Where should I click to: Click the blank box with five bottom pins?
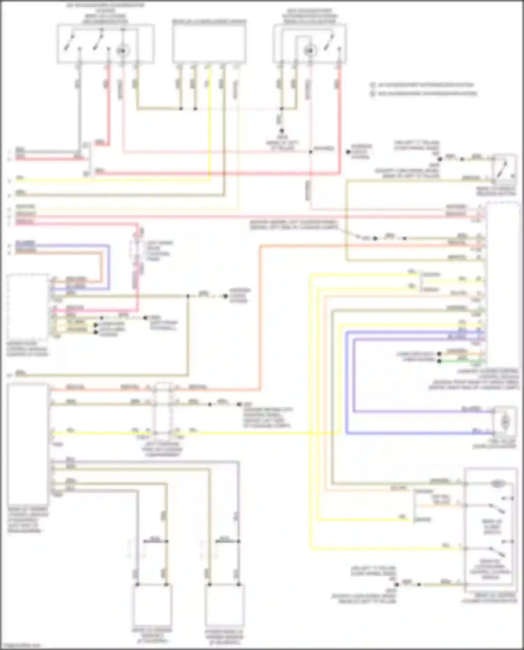click(209, 44)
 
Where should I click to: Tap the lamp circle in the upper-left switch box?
click(122, 51)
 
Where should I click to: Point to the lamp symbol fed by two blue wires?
click(504, 422)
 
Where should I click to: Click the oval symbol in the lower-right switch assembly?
click(498, 484)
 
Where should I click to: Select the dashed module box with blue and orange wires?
click(28, 307)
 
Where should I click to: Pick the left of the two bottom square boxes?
click(152, 605)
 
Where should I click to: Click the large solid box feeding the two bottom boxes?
click(28, 444)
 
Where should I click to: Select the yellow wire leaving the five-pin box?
click(210, 122)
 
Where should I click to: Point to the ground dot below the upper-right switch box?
click(282, 130)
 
